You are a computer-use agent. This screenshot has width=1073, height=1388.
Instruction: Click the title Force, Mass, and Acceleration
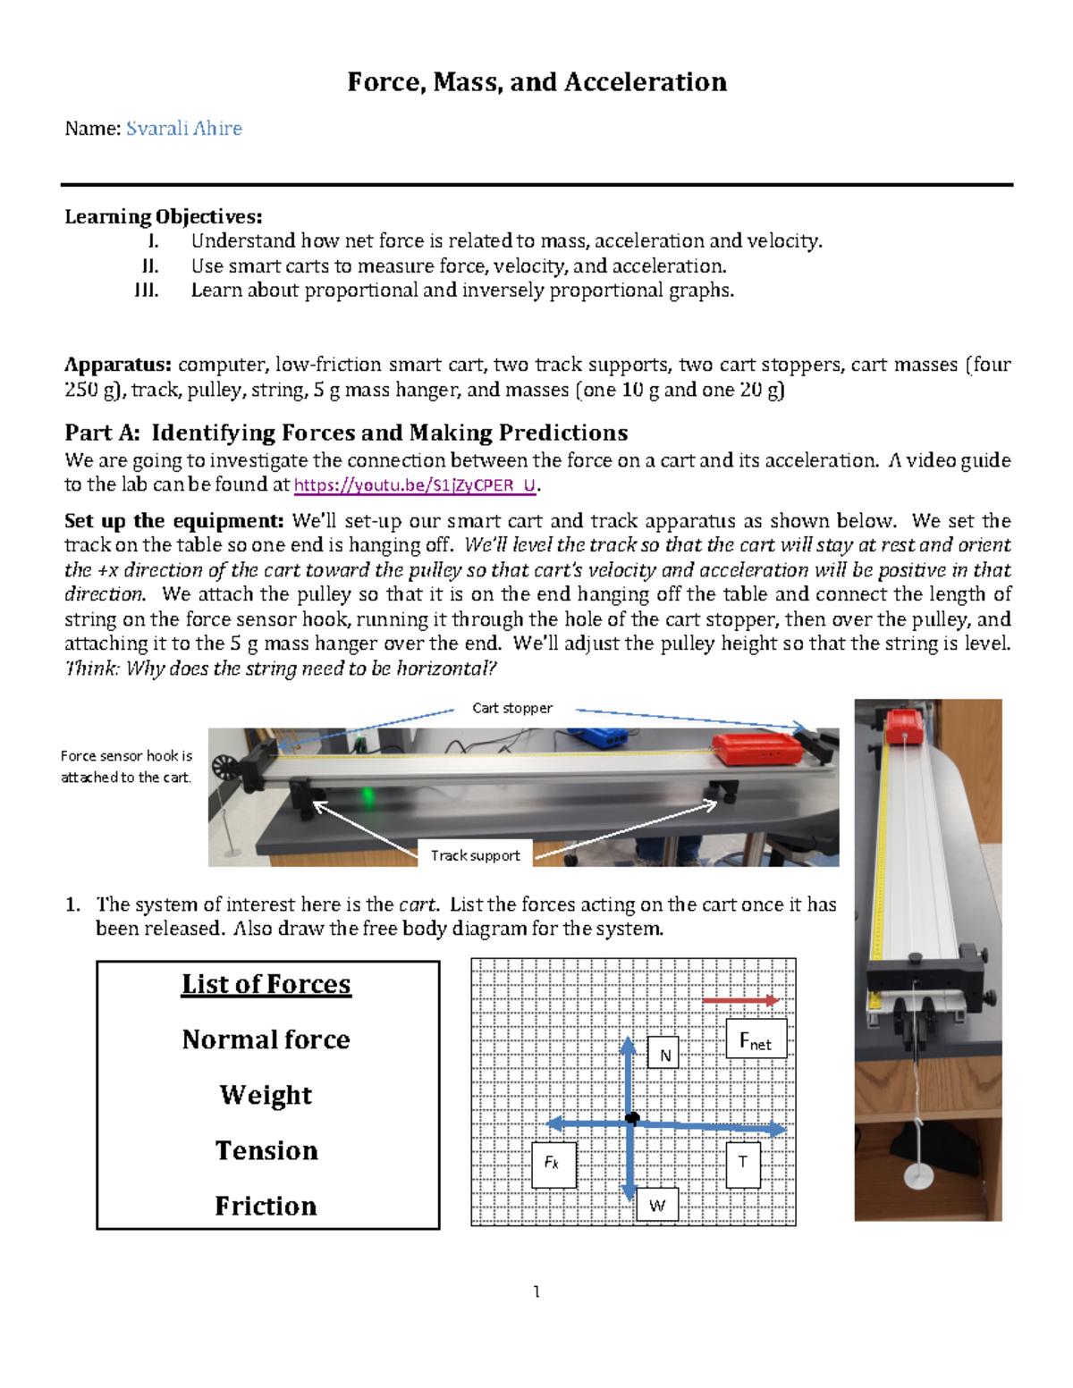tap(536, 82)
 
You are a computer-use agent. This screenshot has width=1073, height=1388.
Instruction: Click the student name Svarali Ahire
tap(184, 129)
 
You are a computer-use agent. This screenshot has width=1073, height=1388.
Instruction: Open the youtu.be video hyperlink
tap(415, 485)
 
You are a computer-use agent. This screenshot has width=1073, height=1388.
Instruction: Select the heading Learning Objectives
tap(163, 216)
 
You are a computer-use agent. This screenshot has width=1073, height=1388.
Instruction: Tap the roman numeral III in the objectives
tap(146, 290)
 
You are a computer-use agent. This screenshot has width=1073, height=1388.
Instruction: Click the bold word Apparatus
tap(117, 365)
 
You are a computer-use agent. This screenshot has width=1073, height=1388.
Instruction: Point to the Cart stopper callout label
tap(511, 708)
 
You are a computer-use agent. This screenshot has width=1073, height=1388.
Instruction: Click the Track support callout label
tap(475, 855)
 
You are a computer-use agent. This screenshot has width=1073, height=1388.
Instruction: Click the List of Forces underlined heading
tap(266, 984)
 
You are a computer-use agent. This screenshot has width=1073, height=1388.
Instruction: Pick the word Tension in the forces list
tap(266, 1150)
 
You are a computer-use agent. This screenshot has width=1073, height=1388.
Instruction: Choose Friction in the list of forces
tap(266, 1206)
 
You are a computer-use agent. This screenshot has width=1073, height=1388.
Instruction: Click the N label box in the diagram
tap(664, 1054)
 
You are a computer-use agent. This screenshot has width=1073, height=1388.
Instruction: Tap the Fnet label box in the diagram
tap(756, 1039)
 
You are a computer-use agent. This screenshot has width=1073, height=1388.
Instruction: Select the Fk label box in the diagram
tap(553, 1164)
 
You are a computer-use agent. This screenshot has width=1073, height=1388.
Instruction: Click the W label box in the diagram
tap(657, 1205)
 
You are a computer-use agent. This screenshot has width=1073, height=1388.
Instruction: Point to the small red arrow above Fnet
tap(740, 1000)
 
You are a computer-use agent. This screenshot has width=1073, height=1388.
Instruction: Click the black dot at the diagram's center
tap(632, 1118)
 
